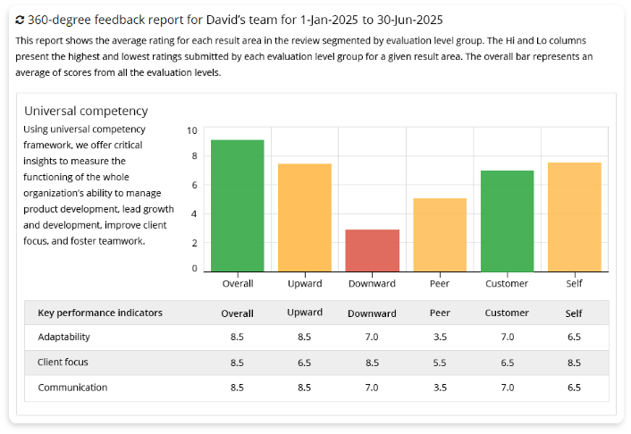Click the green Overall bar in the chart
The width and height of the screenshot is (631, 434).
[237, 205]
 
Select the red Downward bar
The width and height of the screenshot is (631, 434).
[372, 250]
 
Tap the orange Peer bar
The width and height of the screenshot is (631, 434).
[440, 235]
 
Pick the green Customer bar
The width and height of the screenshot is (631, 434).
[507, 221]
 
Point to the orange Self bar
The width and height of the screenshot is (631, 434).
[574, 217]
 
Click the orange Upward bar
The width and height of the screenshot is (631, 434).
[305, 218]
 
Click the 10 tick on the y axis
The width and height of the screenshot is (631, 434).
[192, 130]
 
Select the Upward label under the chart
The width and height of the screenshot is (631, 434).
[305, 284]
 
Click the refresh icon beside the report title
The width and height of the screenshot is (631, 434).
[21, 19]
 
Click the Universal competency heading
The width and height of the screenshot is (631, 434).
[86, 111]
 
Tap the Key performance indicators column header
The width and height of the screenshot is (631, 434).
[100, 313]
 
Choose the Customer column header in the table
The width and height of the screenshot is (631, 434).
[507, 313]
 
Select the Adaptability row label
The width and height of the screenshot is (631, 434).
[63, 338]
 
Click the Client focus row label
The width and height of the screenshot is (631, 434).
[63, 363]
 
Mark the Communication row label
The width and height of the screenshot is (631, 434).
[72, 388]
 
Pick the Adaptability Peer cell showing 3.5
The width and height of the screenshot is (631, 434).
[440, 338]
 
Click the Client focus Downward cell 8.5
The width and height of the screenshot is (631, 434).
[372, 363]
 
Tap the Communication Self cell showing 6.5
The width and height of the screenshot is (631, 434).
[574, 388]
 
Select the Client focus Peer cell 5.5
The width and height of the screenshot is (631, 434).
[440, 363]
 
